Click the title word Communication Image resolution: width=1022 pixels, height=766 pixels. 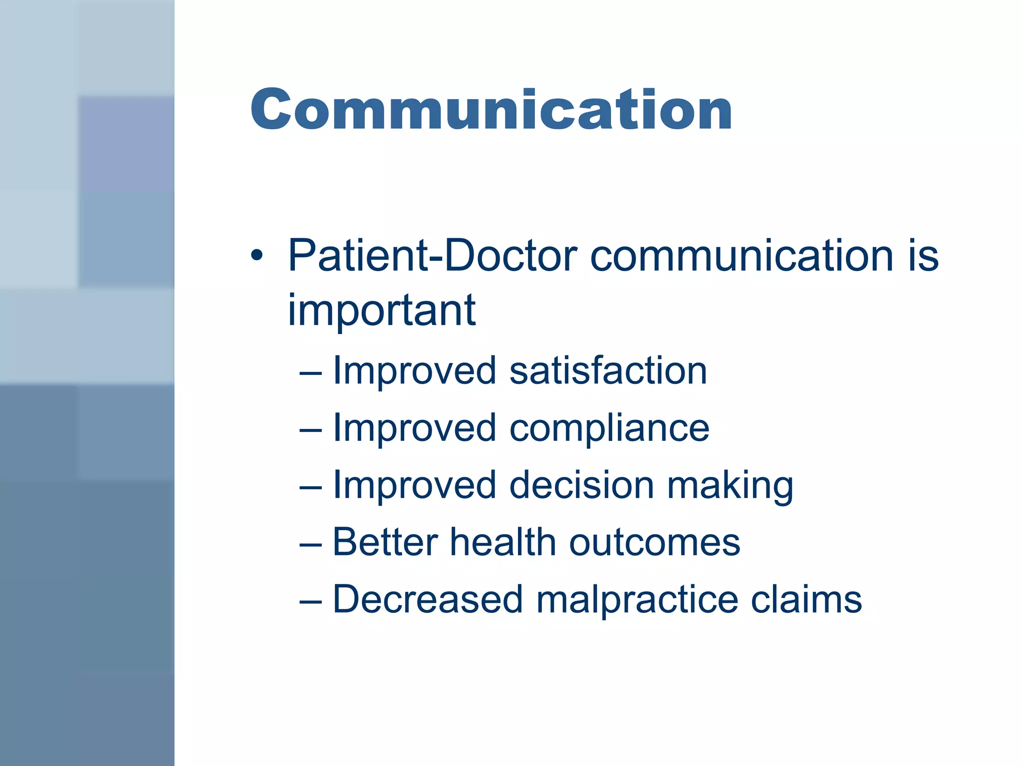pyautogui.click(x=491, y=110)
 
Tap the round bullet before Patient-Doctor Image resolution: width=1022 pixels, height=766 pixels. pyautogui.click(x=256, y=256)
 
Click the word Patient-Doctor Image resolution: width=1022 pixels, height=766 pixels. pyautogui.click(x=432, y=256)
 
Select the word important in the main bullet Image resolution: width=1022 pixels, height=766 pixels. pyautogui.click(x=381, y=310)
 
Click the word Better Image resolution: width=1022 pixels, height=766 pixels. pyautogui.click(x=385, y=542)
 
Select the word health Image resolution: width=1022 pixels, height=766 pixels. pyautogui.click(x=503, y=542)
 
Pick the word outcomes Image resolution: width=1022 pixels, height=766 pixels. pyautogui.click(x=655, y=543)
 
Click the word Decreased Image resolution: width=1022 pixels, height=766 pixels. pyautogui.click(x=428, y=599)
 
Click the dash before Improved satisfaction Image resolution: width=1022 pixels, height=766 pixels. pyautogui.click(x=310, y=373)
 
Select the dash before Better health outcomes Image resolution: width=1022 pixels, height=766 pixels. pyautogui.click(x=310, y=545)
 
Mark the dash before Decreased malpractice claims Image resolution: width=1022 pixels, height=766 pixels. pyautogui.click(x=310, y=602)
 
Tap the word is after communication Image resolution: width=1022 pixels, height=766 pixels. pyautogui.click(x=924, y=256)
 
